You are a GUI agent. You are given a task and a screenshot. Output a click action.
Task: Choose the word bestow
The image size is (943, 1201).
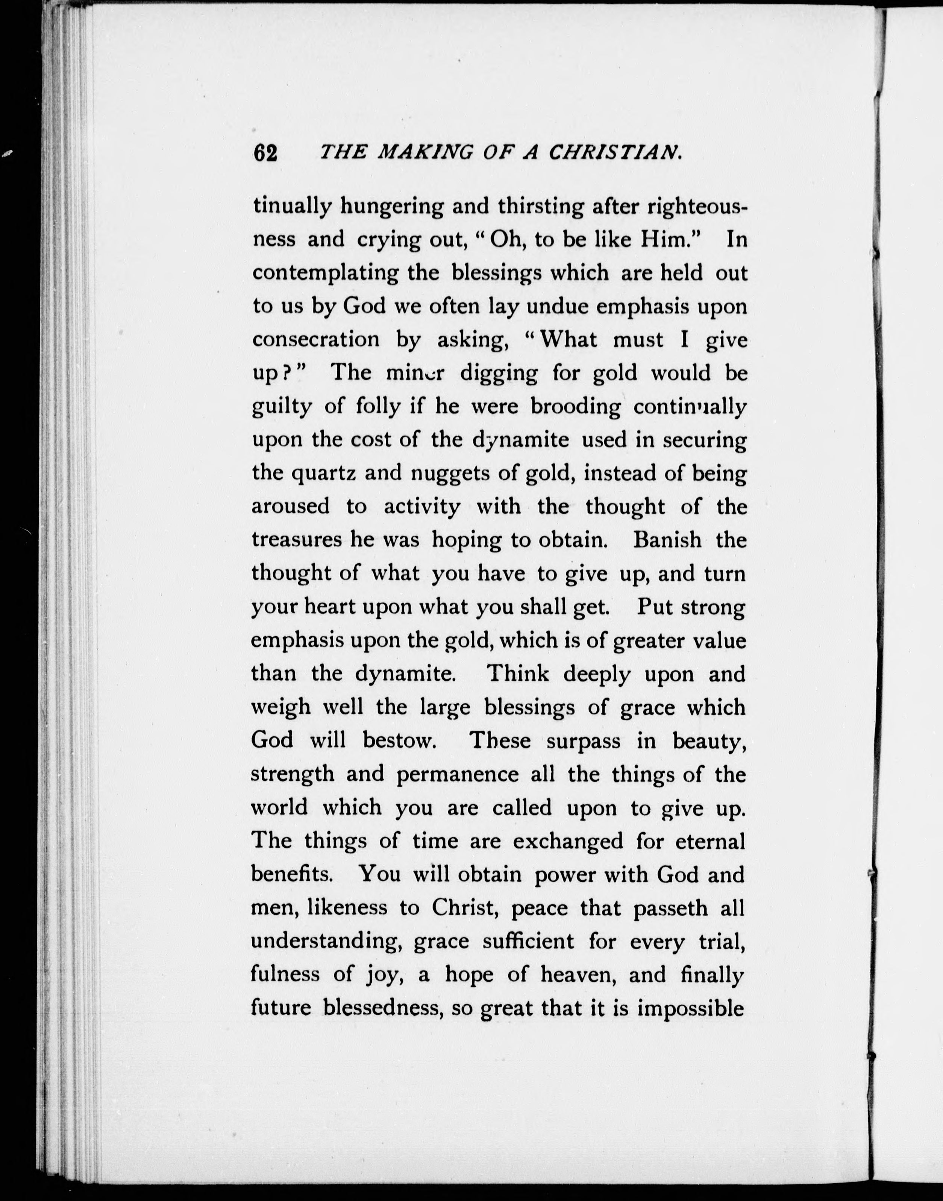(x=400, y=740)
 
